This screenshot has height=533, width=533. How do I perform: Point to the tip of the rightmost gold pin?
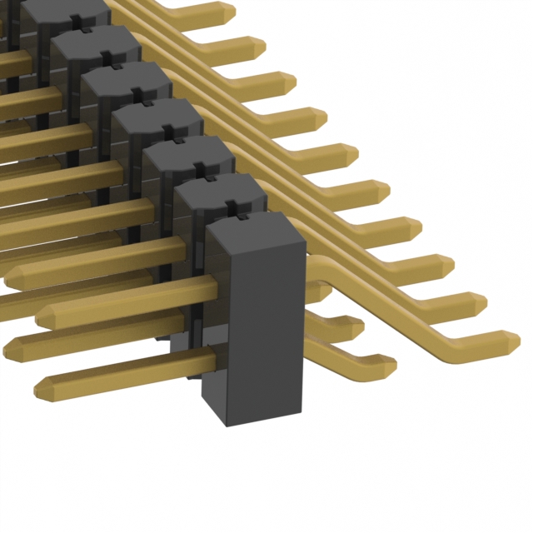[510, 341]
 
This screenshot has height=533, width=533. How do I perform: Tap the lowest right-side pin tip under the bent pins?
[385, 364]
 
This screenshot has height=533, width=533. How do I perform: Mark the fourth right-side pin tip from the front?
[416, 229]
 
